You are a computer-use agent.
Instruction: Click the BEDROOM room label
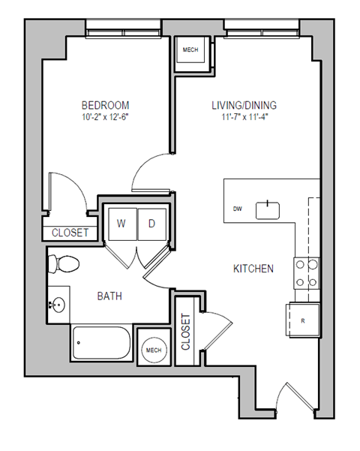[x=105, y=105]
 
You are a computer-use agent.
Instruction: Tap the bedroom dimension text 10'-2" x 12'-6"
[x=105, y=117]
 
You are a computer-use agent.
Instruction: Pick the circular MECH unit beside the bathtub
[x=154, y=350]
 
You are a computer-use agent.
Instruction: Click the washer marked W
[x=120, y=223]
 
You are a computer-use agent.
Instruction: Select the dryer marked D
[x=151, y=223]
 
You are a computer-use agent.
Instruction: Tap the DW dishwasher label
[x=237, y=209]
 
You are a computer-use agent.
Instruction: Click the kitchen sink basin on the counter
[x=268, y=209]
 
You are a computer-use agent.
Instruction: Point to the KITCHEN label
[x=253, y=268]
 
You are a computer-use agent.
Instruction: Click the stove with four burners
[x=306, y=273]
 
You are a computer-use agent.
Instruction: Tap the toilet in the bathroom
[x=62, y=264]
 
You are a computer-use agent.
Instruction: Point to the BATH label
[x=109, y=296]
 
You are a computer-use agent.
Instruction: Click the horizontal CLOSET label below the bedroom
[x=70, y=233]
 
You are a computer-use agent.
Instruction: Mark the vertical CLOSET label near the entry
[x=186, y=332]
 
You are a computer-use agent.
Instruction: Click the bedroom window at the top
[x=123, y=28]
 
